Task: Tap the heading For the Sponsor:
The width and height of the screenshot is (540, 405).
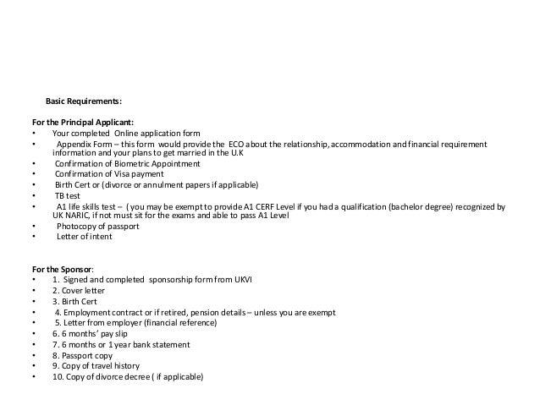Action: click(69, 269)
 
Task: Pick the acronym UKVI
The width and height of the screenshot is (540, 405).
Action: click(259, 280)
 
